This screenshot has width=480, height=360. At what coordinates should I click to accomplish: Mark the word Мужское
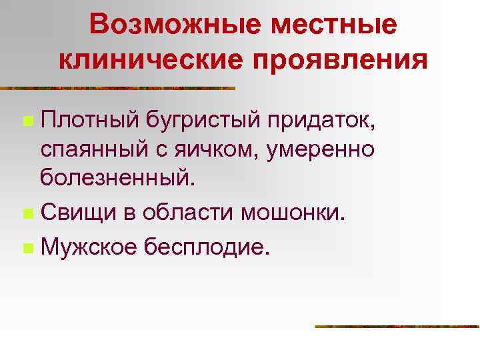(x=89, y=248)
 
